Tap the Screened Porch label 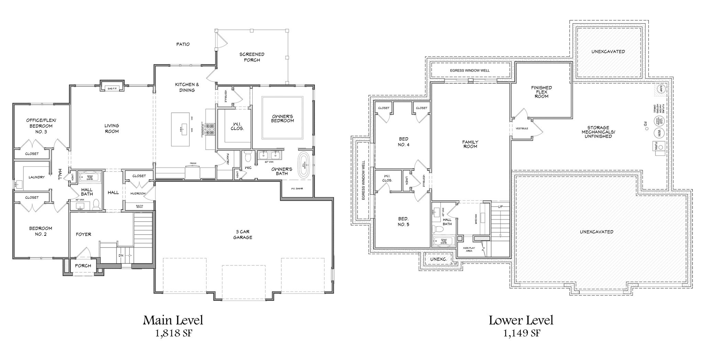click(x=252, y=57)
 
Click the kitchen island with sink click(x=180, y=129)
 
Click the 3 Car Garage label click(x=242, y=234)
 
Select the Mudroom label click(x=138, y=194)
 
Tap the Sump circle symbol click(x=659, y=89)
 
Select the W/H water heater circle click(x=659, y=132)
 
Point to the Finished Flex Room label click(x=541, y=92)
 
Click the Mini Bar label click(x=476, y=218)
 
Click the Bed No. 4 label click(x=404, y=142)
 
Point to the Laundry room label click(x=36, y=177)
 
